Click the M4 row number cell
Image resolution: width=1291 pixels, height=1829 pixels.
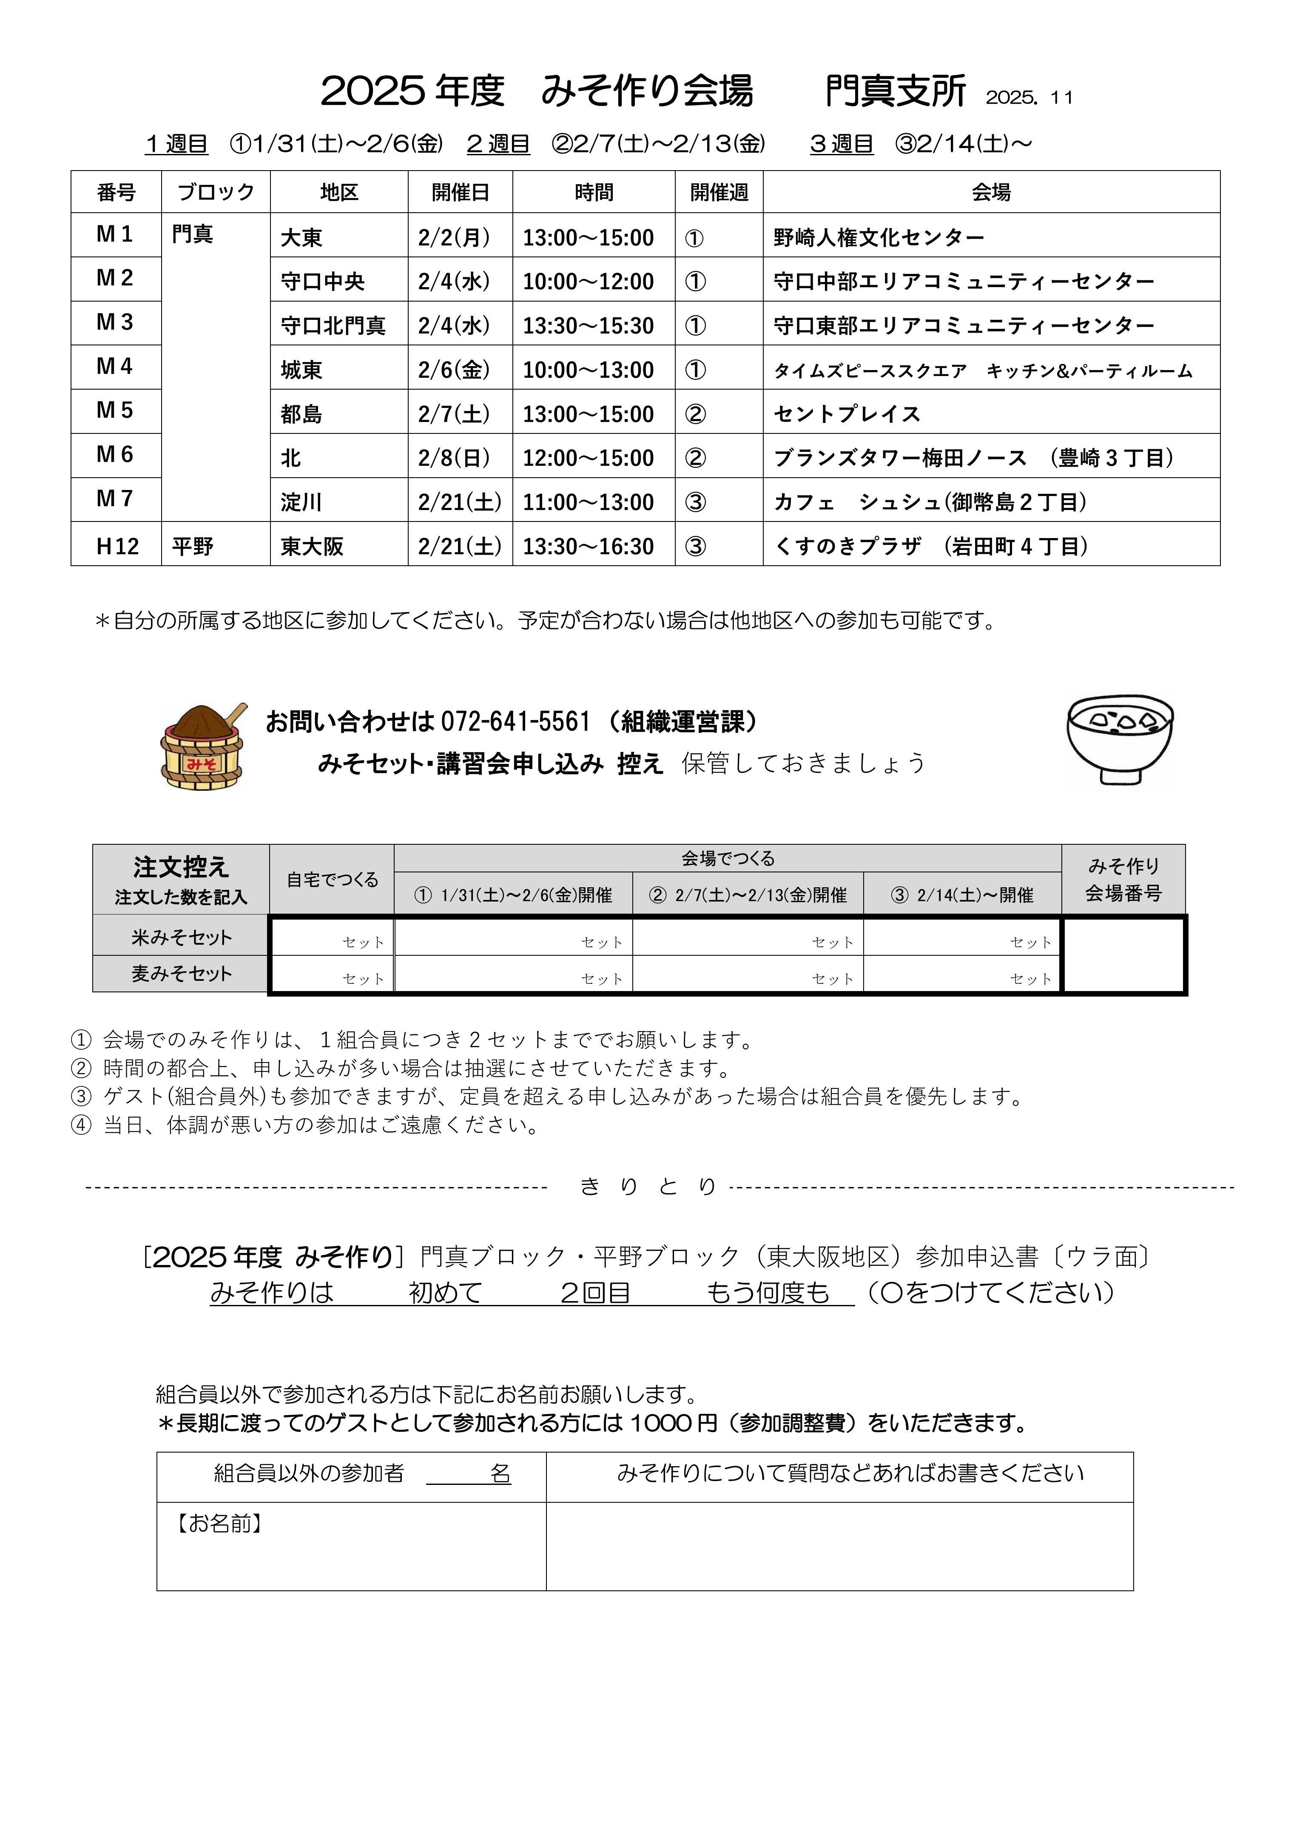[116, 366]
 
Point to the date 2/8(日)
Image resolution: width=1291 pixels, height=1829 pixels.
[454, 458]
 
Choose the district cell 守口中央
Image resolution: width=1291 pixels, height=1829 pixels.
[323, 281]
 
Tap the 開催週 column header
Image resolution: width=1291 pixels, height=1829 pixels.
[718, 192]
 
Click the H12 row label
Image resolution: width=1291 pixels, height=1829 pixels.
[117, 547]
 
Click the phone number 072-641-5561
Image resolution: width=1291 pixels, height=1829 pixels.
[515, 722]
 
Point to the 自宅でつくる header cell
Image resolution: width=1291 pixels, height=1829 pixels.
[332, 880]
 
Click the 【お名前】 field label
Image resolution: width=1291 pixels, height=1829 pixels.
[219, 1523]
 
